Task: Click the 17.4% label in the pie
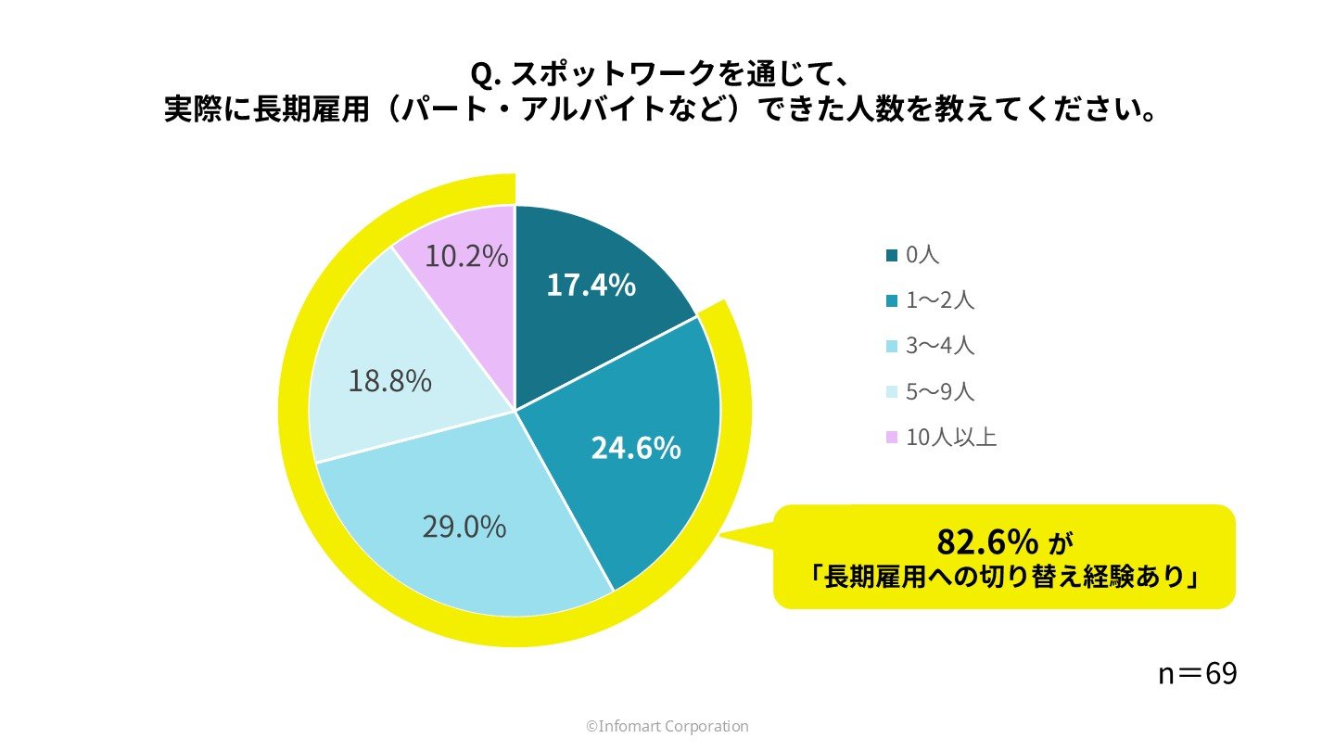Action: [x=591, y=285]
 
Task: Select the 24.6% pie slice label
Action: [x=636, y=449]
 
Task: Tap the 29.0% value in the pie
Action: [x=464, y=527]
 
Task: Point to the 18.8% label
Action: [x=390, y=380]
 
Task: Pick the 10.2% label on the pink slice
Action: [x=466, y=256]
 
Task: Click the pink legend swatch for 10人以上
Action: [x=893, y=438]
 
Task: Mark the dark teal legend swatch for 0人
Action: [x=893, y=256]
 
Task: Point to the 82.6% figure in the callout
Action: [x=986, y=541]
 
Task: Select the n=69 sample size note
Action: [x=1197, y=674]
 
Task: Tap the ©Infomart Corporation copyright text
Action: [x=667, y=727]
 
